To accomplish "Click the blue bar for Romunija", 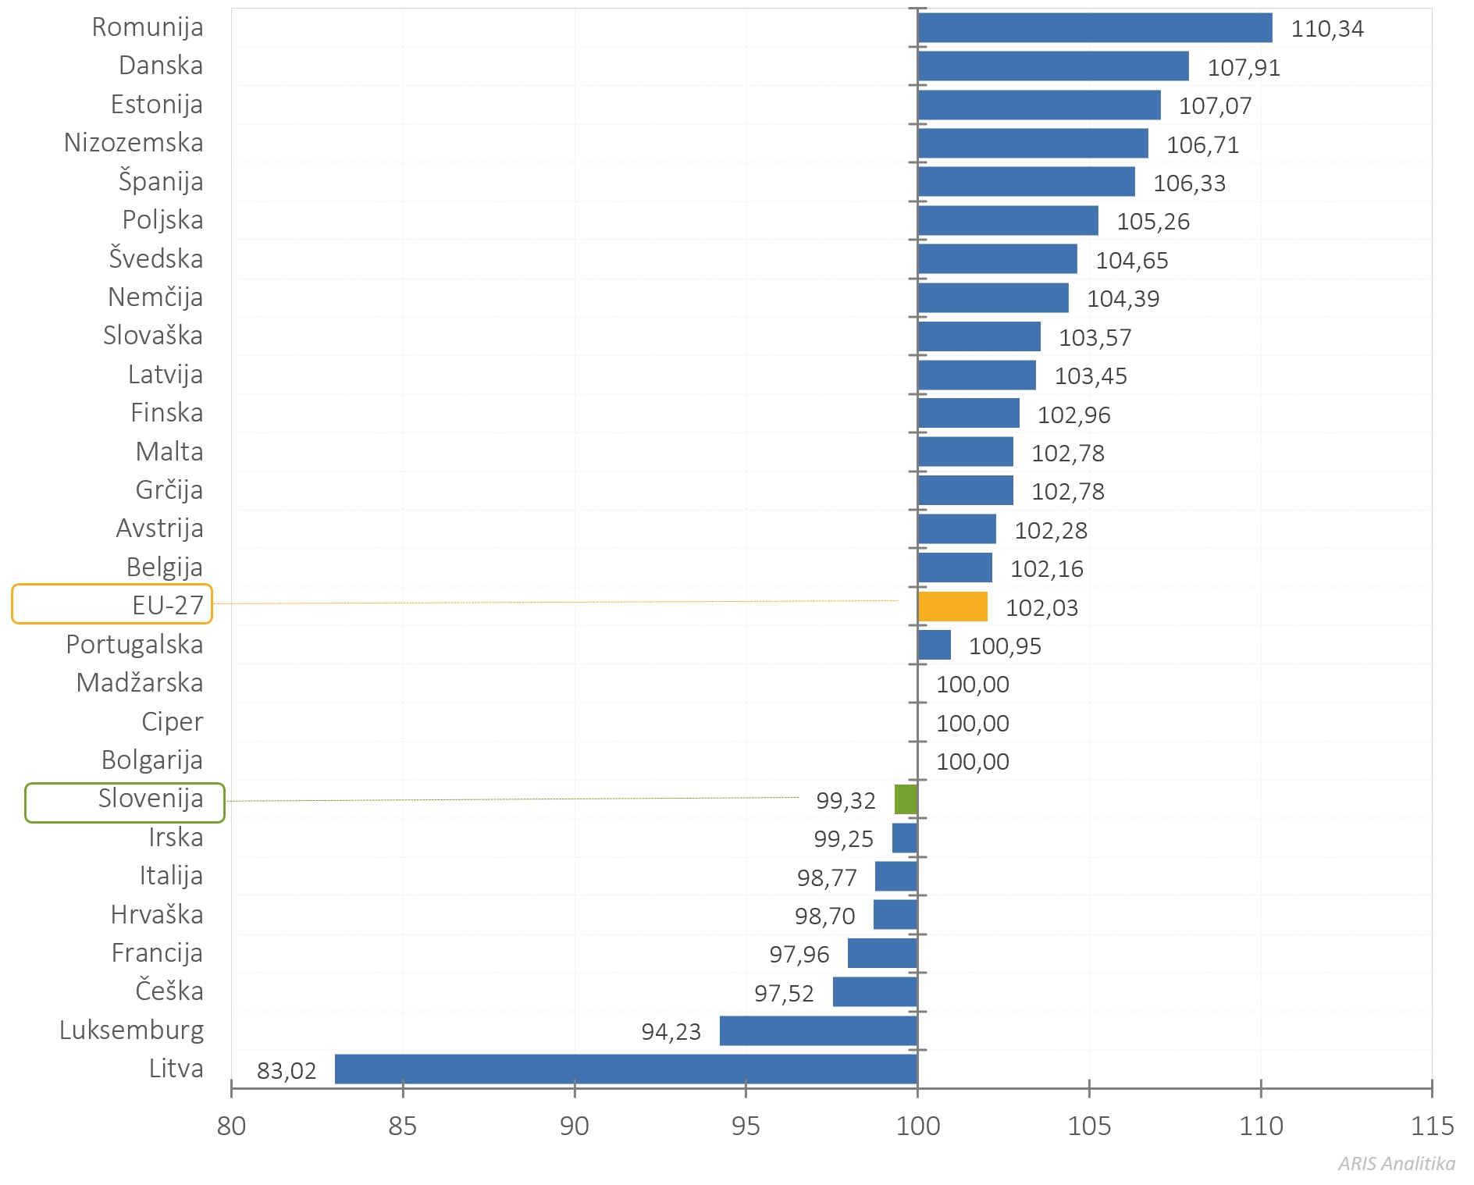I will pos(1095,28).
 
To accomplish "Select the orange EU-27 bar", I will pos(952,607).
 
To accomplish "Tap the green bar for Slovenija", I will pos(906,799).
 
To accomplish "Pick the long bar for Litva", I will pos(625,1069).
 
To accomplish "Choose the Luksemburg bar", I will pos(818,1030).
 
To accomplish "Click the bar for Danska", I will pos(1053,66).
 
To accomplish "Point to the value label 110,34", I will pos(1327,29).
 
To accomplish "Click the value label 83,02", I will pos(287,1070).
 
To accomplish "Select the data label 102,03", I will pos(1041,607).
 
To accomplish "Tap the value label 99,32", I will pos(846,800).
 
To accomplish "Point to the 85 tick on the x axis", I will pos(403,1126).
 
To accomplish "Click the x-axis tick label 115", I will pos(1432,1126).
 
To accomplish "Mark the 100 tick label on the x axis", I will pos(917,1126).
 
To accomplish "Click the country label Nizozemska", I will pos(134,143).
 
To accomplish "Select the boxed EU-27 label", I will pos(112,604).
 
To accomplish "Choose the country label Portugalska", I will pos(134,645).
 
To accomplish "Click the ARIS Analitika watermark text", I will pos(1396,1164).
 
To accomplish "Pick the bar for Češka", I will pos(874,991).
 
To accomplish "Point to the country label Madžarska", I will pos(140,683).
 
